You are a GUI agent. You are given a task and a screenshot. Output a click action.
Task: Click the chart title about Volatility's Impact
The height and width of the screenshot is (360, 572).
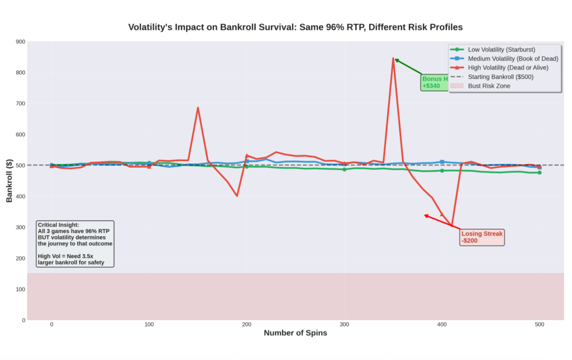pyautogui.click(x=295, y=27)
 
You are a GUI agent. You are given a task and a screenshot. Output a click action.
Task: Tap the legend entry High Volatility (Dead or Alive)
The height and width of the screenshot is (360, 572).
pyautogui.click(x=508, y=67)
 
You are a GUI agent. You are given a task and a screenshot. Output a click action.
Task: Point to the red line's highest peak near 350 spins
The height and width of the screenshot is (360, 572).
pyautogui.click(x=393, y=58)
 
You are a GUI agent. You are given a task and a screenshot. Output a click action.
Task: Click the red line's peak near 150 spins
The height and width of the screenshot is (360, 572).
pyautogui.click(x=198, y=108)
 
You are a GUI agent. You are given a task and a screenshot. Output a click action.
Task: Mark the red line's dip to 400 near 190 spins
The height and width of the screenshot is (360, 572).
pyautogui.click(x=237, y=196)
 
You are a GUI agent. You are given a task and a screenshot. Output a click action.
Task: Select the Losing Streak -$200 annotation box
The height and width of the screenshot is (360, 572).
pyautogui.click(x=482, y=237)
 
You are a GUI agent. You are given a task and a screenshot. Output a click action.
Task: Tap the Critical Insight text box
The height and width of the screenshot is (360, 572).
pyautogui.click(x=75, y=243)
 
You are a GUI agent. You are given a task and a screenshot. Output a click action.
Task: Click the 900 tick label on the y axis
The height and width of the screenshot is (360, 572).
pyautogui.click(x=21, y=42)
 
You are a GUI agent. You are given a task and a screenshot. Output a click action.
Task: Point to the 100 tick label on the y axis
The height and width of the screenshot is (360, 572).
pyautogui.click(x=21, y=289)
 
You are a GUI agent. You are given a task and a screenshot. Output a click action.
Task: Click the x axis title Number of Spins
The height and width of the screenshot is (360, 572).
pyautogui.click(x=295, y=333)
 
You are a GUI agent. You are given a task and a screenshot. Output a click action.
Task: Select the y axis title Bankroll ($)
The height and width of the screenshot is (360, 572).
pyautogui.click(x=9, y=180)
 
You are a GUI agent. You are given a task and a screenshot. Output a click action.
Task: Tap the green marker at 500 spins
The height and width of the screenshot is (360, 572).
pyautogui.click(x=539, y=173)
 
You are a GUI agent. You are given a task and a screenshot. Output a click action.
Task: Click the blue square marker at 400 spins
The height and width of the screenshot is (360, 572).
pyautogui.click(x=442, y=162)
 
